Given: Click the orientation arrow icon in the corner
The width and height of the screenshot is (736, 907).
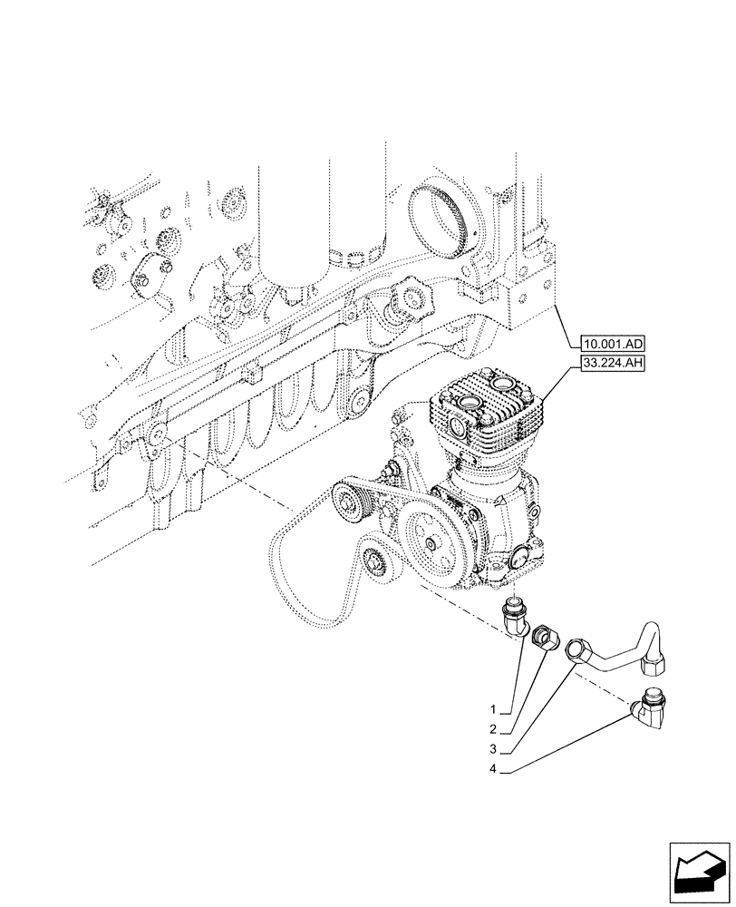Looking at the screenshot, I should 698,870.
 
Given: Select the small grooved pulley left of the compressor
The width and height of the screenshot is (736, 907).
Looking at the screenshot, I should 351,501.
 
